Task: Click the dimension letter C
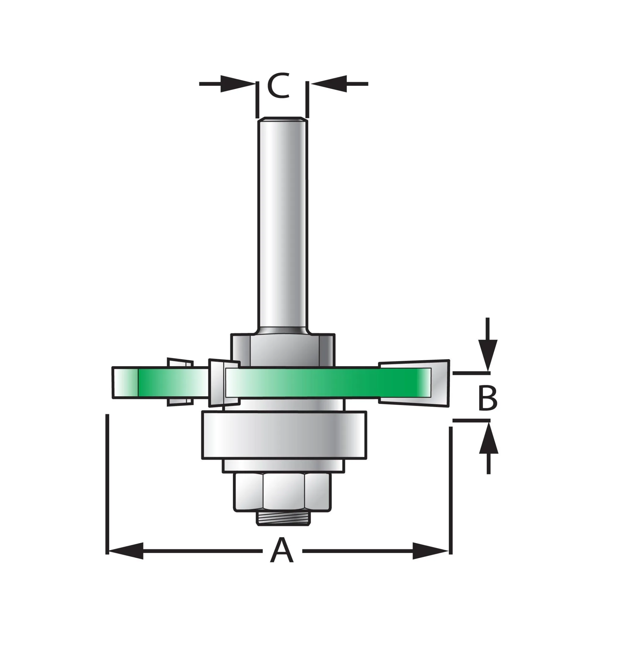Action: (x=278, y=86)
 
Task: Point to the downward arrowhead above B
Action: (x=488, y=354)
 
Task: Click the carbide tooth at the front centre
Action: (x=218, y=383)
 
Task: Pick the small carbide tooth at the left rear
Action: (x=180, y=364)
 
